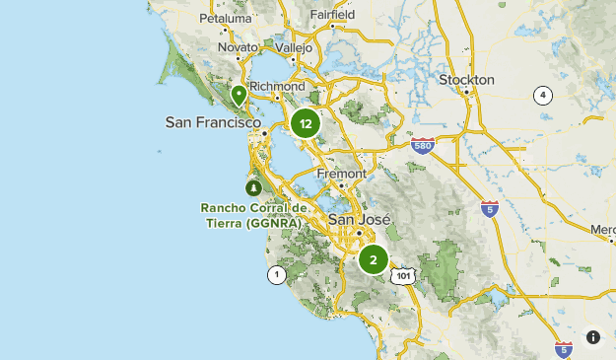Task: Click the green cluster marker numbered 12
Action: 307,124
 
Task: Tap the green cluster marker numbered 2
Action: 374,260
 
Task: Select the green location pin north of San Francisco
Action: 239,96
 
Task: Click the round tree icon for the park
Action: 254,187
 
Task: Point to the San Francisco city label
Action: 214,122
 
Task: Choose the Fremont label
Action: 341,173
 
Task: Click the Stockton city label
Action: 466,79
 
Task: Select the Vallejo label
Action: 292,47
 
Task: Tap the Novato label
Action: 237,47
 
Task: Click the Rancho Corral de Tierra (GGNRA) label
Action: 254,215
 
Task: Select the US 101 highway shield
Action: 403,276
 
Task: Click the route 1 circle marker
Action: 277,274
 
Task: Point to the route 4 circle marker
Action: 542,95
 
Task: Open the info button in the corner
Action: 593,337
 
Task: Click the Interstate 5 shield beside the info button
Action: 563,348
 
